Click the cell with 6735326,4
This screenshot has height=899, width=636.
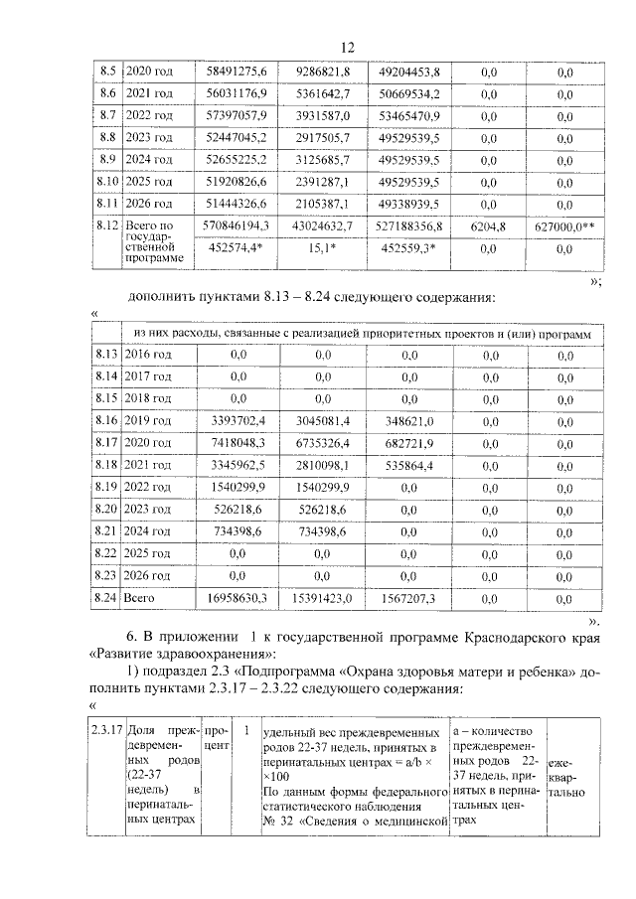321,443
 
